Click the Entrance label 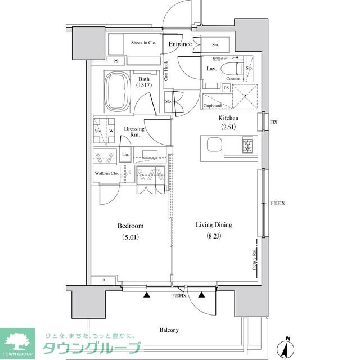(180, 44)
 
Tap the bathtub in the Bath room (118, 91)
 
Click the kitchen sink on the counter (215, 145)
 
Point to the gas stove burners (247, 146)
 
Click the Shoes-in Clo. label (143, 43)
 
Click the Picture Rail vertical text (254, 259)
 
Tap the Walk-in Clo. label (106, 173)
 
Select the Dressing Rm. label (134, 132)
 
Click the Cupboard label (212, 106)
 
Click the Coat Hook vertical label (166, 71)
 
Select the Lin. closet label (125, 155)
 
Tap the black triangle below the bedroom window (147, 294)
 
